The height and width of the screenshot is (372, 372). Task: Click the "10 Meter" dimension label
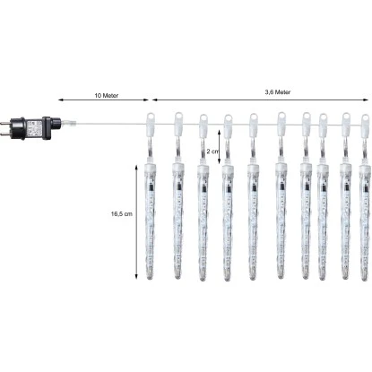pos(107,96)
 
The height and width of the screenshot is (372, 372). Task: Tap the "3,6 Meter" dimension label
pos(278,92)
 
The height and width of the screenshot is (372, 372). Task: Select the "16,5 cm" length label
pos(122,214)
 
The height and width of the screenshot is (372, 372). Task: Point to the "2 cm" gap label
pos(212,151)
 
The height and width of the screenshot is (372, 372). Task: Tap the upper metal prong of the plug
pos(6,123)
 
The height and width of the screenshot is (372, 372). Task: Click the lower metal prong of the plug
pos(6,134)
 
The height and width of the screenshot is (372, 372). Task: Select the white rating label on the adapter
pos(34,128)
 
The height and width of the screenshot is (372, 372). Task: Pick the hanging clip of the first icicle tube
pos(151,123)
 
